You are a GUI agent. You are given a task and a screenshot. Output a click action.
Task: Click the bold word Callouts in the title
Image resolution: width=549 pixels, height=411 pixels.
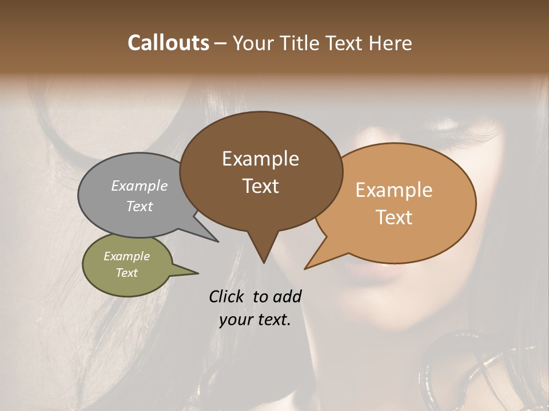click(x=168, y=43)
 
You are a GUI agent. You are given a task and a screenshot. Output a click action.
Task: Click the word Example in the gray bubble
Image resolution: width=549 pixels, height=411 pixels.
click(x=140, y=186)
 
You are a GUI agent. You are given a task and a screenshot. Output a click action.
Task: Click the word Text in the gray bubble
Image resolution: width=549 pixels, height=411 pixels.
click(x=140, y=207)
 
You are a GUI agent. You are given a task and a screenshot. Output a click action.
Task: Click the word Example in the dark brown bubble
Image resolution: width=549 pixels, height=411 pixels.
click(x=260, y=159)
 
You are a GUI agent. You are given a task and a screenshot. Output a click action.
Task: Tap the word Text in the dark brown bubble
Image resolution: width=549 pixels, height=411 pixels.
click(x=260, y=186)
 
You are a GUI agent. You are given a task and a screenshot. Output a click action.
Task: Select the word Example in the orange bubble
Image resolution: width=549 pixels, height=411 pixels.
click(x=394, y=190)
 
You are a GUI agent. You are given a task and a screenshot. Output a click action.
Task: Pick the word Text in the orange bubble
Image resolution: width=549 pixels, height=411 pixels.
click(x=394, y=217)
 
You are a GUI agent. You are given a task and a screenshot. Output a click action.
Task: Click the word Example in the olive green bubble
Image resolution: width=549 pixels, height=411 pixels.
click(x=127, y=256)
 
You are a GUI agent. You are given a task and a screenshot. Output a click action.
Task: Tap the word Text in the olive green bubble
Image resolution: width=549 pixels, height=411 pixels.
click(x=127, y=273)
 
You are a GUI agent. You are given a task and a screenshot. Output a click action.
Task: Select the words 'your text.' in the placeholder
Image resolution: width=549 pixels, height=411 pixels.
click(x=255, y=320)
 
